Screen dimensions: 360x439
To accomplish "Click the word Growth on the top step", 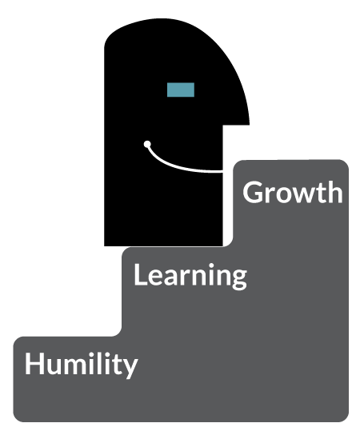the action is [x=293, y=192].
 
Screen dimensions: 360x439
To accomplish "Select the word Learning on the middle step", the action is [x=190, y=276].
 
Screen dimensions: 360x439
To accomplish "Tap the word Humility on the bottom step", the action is [x=82, y=365].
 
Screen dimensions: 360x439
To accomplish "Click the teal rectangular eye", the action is [x=181, y=90].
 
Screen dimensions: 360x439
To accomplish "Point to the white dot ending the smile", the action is [x=147, y=144].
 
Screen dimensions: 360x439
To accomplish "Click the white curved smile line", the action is [x=179, y=166].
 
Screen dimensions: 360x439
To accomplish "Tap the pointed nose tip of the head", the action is [x=249, y=123].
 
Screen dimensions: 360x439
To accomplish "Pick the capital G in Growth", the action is [x=252, y=192].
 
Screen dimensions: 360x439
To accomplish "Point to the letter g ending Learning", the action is [x=239, y=279].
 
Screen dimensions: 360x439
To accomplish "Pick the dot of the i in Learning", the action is [x=211, y=265].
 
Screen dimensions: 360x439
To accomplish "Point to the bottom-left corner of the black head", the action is [x=105, y=246].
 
